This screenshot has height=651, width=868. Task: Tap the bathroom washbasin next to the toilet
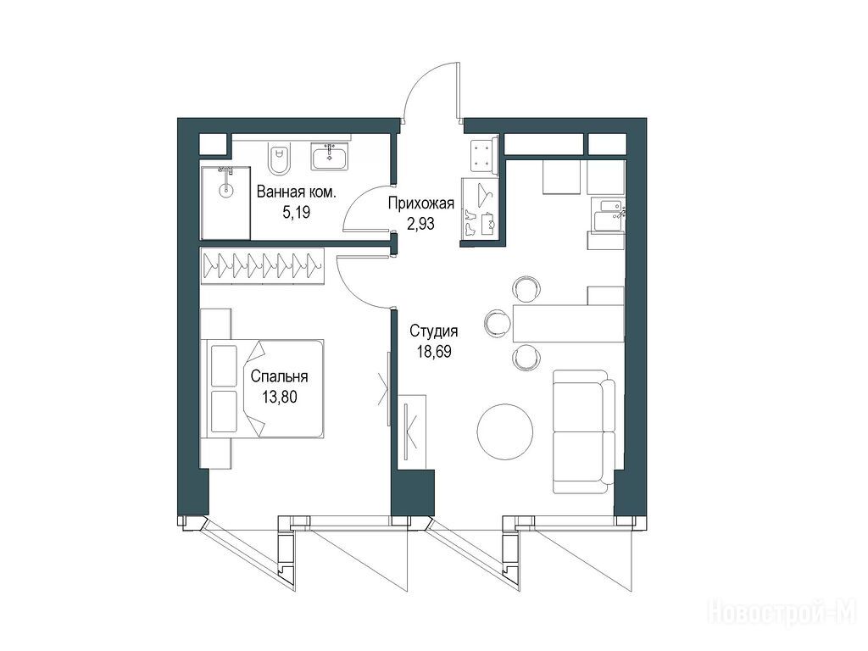pos(330,155)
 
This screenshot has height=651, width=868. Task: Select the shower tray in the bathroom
pos(225,203)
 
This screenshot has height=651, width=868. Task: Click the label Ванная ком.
pos(296,192)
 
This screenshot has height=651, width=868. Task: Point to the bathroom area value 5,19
pos(296,212)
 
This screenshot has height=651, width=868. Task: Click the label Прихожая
pos(420,203)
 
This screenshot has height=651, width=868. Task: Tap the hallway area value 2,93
pos(420,224)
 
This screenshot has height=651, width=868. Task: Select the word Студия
pos(434,331)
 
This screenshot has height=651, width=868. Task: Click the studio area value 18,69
pos(434,352)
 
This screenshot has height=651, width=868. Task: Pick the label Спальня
pos(279,377)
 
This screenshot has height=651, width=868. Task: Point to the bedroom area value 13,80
pos(280,397)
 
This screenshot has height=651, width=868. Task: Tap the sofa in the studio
pos(584,431)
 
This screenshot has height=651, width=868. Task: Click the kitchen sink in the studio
pos(608,213)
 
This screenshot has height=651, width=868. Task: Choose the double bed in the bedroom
pos(265,388)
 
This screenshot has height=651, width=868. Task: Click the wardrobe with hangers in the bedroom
pos(262,265)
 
